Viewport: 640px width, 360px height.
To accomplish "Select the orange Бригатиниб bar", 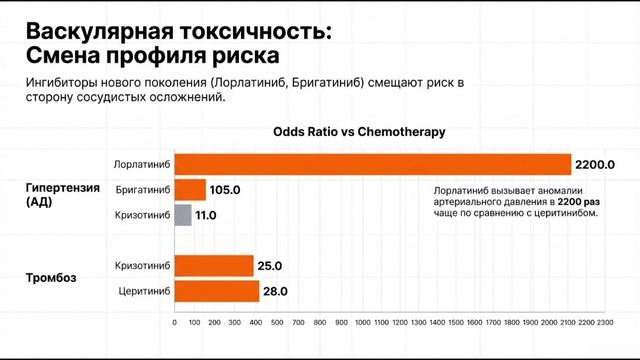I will [190, 189].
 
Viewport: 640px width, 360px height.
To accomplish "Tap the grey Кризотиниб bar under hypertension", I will [183, 215].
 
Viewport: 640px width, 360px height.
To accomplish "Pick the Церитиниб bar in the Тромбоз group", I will [215, 291].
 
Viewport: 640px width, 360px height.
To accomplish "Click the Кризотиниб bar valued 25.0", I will [213, 266].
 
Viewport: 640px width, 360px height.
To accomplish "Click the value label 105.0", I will [225, 189].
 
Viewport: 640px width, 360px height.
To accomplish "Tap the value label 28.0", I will [274, 291].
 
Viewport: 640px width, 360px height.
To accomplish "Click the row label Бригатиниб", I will [143, 189].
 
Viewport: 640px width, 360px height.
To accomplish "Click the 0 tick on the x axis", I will [175, 323].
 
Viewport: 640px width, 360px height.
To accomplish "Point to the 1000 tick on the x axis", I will [361, 323].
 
